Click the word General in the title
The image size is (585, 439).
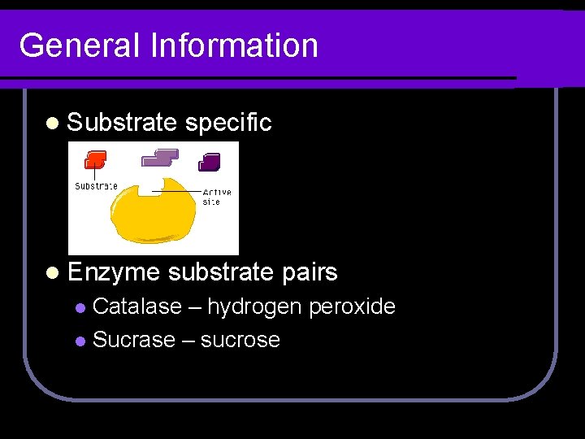pyautogui.click(x=79, y=45)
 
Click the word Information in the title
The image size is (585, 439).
pyautogui.click(x=234, y=45)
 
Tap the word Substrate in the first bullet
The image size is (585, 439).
pyautogui.click(x=122, y=123)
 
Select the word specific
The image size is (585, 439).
pyautogui.click(x=228, y=123)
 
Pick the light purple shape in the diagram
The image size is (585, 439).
pyautogui.click(x=160, y=157)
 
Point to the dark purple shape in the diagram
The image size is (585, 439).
pyautogui.click(x=210, y=161)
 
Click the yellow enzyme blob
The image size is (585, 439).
pyautogui.click(x=154, y=212)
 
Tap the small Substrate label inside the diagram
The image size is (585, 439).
pyautogui.click(x=96, y=185)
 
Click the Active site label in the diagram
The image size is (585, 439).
pyautogui.click(x=216, y=197)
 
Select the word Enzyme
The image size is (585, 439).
pyautogui.click(x=115, y=272)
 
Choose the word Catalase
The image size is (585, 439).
pyautogui.click(x=137, y=306)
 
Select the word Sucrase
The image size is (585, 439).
pyautogui.click(x=134, y=339)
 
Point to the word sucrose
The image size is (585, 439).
pyautogui.click(x=240, y=339)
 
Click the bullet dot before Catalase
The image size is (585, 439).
pyautogui.click(x=80, y=308)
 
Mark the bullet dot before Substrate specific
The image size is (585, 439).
pyautogui.click(x=53, y=124)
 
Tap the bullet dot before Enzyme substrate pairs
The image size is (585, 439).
pyautogui.click(x=53, y=273)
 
